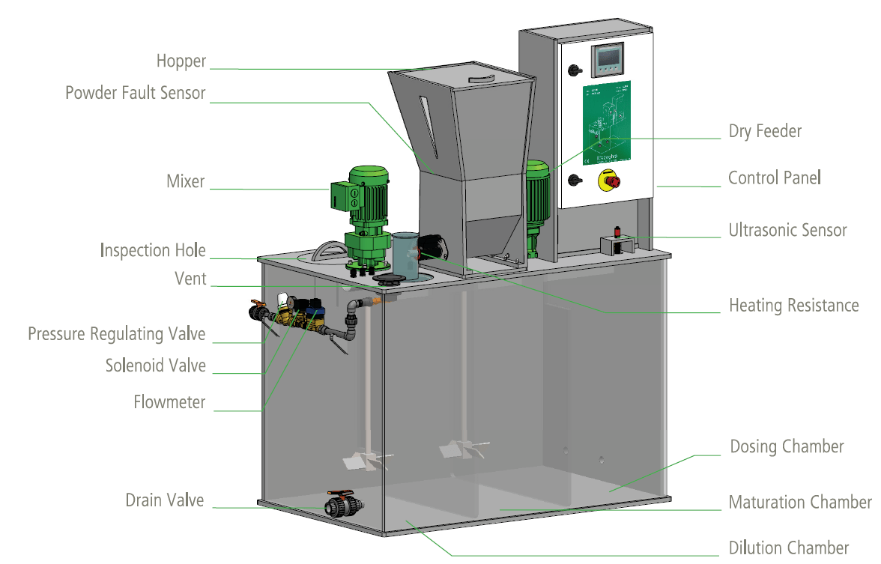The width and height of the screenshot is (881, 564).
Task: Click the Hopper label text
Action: [181, 61]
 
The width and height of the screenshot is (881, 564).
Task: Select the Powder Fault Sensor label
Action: [135, 93]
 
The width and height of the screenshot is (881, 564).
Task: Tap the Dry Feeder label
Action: [765, 132]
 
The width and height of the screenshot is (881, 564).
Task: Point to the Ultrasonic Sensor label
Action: [787, 230]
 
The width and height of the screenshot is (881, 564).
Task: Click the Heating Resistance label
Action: [793, 306]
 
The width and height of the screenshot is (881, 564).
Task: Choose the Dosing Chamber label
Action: [787, 447]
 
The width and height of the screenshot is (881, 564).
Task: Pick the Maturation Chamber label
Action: [799, 502]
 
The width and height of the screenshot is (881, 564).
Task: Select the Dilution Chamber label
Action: [788, 548]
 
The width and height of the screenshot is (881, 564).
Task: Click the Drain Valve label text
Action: [164, 500]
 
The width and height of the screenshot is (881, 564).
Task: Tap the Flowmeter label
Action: [169, 402]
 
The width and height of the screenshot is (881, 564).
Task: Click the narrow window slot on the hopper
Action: [426, 124]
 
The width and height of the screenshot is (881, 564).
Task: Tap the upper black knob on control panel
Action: [575, 70]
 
